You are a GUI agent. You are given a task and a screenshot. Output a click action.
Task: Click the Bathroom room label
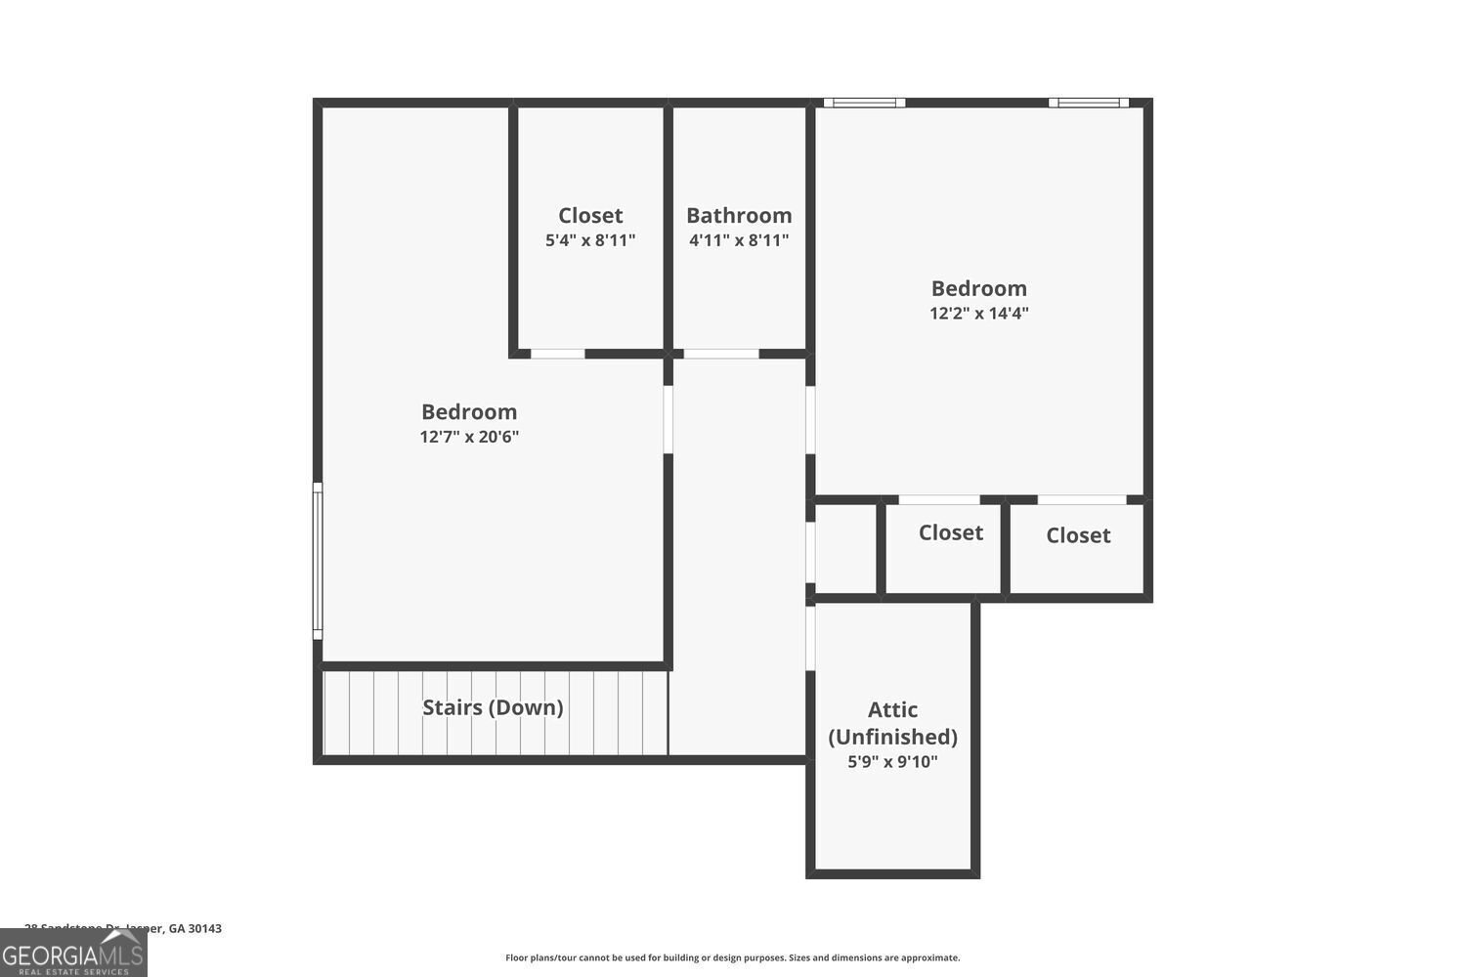[739, 215]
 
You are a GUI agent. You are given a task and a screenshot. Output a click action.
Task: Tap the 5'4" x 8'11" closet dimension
[590, 240]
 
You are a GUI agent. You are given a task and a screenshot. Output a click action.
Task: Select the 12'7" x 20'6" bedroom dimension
[469, 437]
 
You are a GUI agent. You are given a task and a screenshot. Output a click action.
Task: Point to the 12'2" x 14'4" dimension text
[978, 314]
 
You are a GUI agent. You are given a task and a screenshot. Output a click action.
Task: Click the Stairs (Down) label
[493, 707]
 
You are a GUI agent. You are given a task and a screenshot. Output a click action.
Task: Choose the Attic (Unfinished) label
[892, 723]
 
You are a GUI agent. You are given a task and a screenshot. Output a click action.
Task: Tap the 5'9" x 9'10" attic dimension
[892, 762]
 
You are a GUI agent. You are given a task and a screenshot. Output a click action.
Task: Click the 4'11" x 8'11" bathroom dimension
[739, 240]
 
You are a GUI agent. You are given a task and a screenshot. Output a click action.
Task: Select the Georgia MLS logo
[73, 953]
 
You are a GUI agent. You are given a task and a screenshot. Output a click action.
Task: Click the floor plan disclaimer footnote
[732, 957]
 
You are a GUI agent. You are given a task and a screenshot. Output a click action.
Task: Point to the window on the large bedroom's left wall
[317, 561]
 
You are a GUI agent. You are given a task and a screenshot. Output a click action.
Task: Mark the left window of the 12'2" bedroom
[864, 103]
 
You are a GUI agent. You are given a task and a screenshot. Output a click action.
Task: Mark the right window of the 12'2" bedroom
[1089, 103]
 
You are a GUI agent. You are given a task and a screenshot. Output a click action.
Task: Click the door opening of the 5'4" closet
[557, 354]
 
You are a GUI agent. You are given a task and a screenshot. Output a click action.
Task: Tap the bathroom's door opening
[720, 354]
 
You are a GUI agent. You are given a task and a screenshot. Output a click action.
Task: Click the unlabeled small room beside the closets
[845, 548]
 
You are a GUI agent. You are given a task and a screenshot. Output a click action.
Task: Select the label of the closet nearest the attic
[950, 532]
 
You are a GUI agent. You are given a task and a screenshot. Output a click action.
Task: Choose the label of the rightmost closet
[1078, 535]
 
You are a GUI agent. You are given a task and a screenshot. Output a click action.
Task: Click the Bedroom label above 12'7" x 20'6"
[469, 411]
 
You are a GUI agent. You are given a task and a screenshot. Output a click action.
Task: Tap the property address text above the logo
[123, 928]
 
